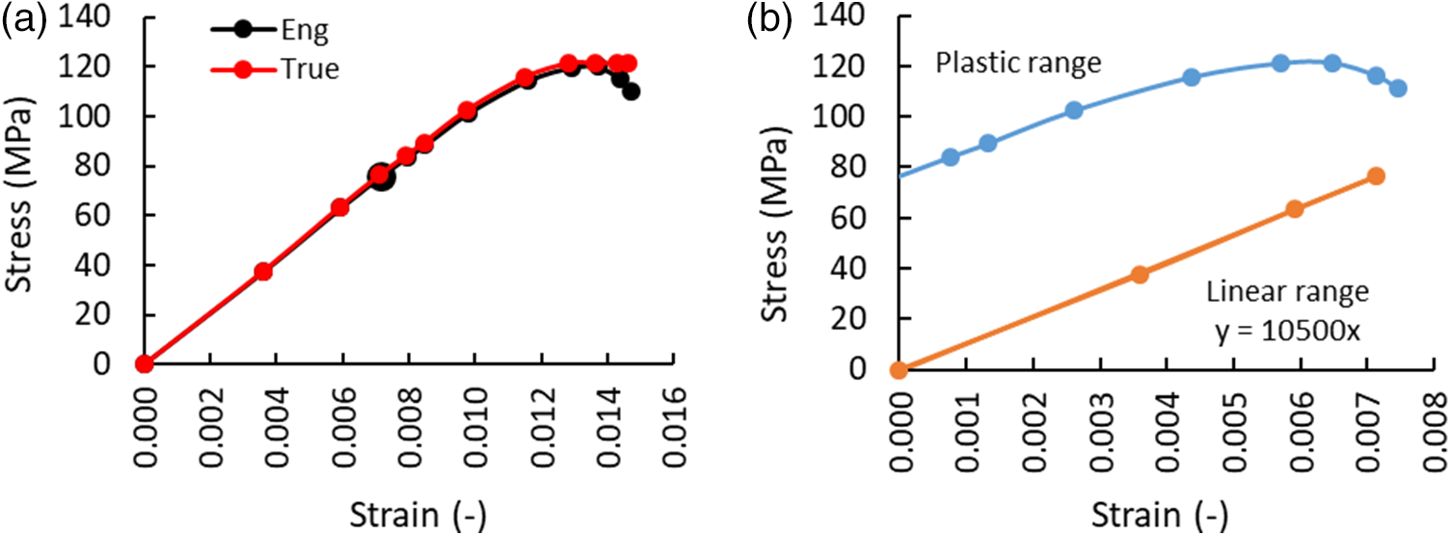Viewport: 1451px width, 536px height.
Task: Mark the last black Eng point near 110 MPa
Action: [x=631, y=92]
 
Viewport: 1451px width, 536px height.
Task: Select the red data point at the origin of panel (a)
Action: [x=145, y=363]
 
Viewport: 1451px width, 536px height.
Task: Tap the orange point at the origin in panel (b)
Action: [x=899, y=369]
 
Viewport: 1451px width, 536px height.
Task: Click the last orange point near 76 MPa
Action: [x=1376, y=176]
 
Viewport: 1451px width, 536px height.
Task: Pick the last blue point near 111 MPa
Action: [x=1398, y=89]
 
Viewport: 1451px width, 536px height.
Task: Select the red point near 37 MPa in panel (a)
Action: [x=263, y=272]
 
